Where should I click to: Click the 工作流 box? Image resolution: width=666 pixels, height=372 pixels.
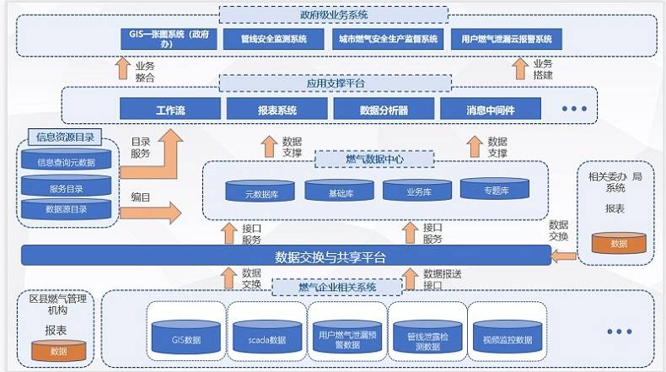[x=169, y=111]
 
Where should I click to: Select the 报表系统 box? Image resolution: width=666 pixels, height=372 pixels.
[x=277, y=111]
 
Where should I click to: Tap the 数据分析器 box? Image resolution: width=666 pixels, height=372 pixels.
[x=384, y=111]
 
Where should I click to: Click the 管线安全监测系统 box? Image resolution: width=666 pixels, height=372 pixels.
[x=273, y=40]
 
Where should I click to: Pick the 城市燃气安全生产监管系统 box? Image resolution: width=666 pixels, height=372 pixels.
[x=388, y=40]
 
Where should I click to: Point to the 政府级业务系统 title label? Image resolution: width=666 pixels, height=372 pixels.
[x=333, y=14]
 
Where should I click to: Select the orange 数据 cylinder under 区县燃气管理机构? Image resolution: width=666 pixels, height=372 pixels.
[x=58, y=349]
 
